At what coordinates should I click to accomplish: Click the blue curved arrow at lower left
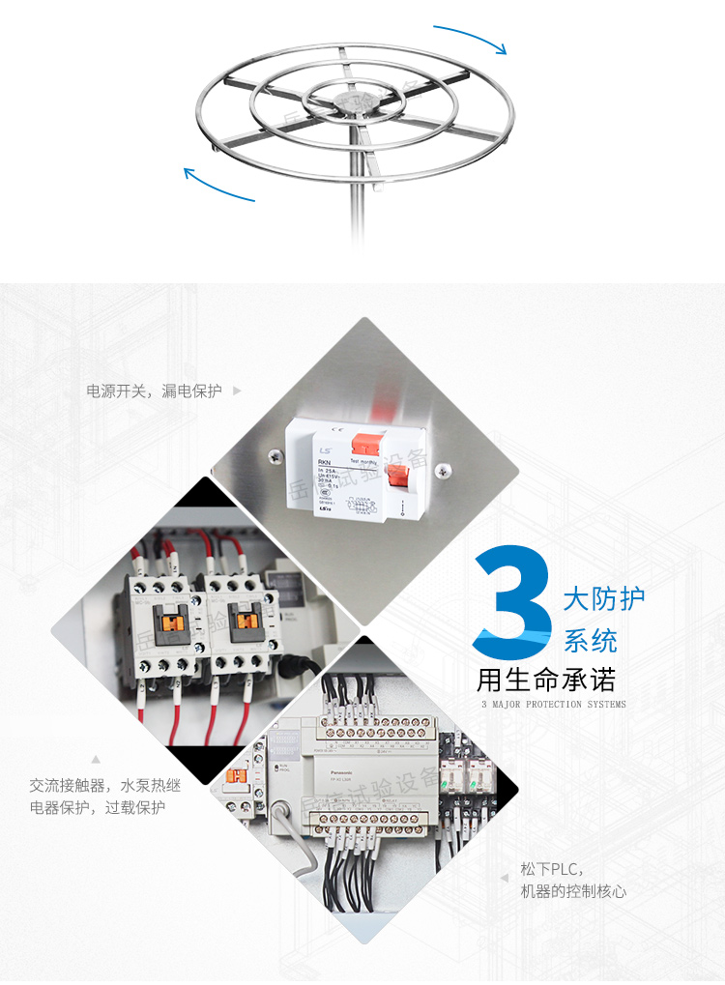(x=218, y=186)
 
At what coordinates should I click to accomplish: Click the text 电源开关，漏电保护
(x=155, y=391)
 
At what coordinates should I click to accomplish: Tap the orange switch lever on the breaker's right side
(x=397, y=477)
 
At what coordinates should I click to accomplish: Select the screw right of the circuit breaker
(x=445, y=470)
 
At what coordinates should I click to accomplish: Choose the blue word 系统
(x=591, y=640)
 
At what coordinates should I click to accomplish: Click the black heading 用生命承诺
(x=546, y=679)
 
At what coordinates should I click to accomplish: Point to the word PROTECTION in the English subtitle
(x=555, y=705)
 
